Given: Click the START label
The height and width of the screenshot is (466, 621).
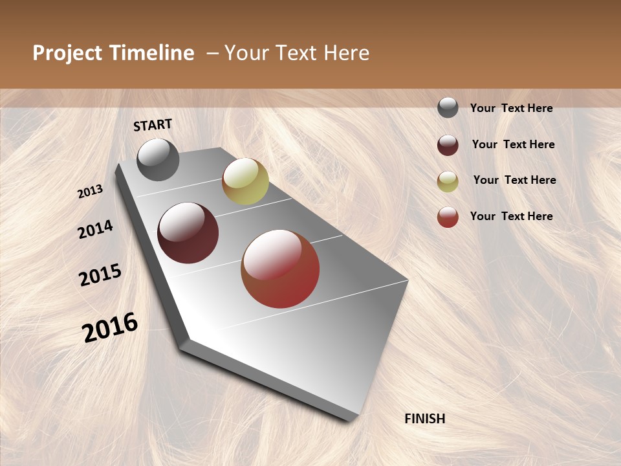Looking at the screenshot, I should coord(153,125).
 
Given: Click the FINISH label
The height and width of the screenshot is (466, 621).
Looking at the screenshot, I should coord(425,419).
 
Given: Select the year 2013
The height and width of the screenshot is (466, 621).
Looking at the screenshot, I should coord(90,192).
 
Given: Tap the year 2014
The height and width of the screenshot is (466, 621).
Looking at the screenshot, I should coord(95,230).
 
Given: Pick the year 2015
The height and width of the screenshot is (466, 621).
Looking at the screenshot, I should coord(100,275).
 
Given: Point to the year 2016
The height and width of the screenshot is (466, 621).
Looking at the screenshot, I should coord(110,327).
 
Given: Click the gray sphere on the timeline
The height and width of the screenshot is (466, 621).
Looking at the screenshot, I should coord(158,159).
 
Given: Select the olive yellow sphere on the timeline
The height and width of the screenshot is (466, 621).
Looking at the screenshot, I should coord(245,181).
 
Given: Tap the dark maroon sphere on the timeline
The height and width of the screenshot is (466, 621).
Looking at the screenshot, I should coord(188,232).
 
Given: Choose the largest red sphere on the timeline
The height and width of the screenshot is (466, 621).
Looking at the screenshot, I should coord(280,269).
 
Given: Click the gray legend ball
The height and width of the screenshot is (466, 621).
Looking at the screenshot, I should coord(448,107).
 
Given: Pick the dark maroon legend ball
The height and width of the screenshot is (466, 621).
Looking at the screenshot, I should coord(448,145).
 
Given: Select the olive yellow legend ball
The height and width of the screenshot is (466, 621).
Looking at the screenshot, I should coord(448,181).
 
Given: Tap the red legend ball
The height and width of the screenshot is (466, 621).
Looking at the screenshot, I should coord(448,217).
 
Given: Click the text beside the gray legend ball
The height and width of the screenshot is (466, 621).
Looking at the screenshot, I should coord(511,108).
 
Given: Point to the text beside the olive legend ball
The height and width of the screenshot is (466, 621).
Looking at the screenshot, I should coord(514,180).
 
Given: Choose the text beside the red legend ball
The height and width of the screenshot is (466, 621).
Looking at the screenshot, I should coord(511,216).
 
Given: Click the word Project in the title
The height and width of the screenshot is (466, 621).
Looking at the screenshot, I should coord(67,53).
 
